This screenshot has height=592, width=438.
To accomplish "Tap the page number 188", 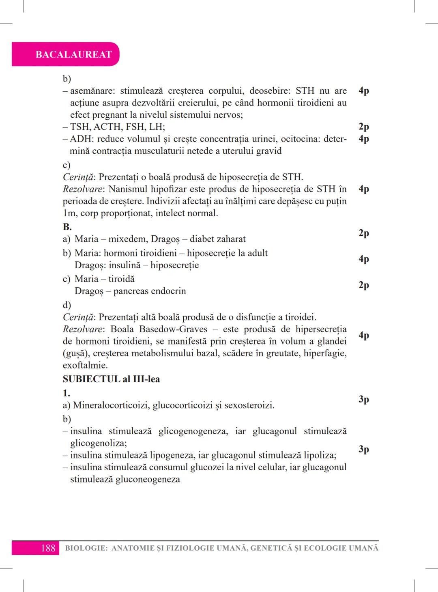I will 47,548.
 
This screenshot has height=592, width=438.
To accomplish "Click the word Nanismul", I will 128,189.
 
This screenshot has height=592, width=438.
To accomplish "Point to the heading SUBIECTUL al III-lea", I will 111,379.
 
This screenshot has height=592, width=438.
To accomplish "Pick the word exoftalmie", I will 85,365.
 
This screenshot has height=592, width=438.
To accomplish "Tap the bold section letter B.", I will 67,227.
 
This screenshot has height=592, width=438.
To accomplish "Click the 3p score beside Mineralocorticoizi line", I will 363,399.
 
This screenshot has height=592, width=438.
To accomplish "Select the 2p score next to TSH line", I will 363,127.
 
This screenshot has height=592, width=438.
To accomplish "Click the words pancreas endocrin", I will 150,291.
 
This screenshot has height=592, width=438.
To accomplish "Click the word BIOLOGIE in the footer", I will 86,548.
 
